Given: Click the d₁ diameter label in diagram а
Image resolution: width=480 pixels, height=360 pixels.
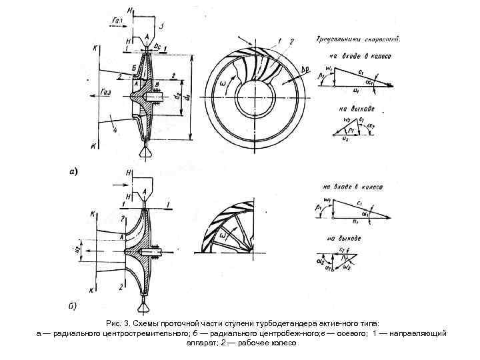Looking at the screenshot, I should point(187,97).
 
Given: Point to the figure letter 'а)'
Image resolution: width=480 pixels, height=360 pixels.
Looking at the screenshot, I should point(74,171).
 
